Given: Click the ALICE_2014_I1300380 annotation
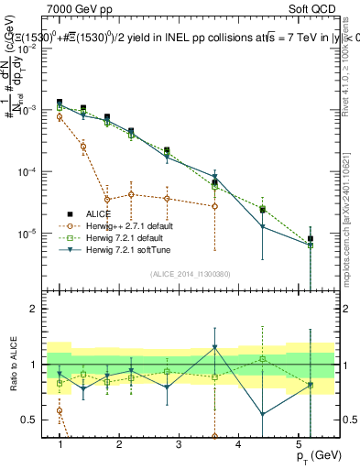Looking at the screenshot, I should pos(190,274).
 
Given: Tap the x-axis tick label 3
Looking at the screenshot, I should pos(179,443).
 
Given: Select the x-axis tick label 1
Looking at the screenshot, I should pos(60,443).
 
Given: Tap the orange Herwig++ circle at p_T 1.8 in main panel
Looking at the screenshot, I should pos(107,199).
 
